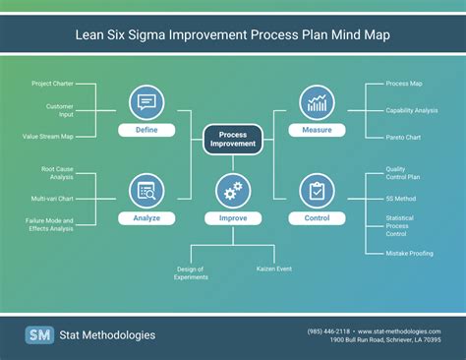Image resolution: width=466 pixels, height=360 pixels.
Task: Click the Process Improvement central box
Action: pyautogui.click(x=233, y=139)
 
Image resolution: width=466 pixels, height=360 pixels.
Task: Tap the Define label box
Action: pyautogui.click(x=146, y=130)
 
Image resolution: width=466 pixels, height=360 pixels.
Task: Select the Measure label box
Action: pyautogui.click(x=318, y=130)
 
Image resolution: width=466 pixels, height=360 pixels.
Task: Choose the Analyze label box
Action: pyautogui.click(x=146, y=217)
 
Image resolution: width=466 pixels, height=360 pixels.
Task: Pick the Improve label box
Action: pyautogui.click(x=233, y=217)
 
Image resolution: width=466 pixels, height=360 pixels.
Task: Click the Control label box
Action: pyautogui.click(x=318, y=217)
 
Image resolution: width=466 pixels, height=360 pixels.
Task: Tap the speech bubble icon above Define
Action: pyautogui.click(x=146, y=101)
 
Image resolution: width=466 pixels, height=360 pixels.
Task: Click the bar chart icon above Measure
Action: pyautogui.click(x=318, y=101)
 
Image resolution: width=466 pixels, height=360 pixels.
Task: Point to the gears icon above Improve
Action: pyautogui.click(x=233, y=190)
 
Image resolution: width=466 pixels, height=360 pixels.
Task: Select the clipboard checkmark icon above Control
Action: pyautogui.click(x=318, y=190)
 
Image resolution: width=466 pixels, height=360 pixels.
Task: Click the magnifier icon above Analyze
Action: pyautogui.click(x=146, y=190)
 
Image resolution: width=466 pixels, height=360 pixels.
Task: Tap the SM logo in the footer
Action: pyautogui.click(x=39, y=334)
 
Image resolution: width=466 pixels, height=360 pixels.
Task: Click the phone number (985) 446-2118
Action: pyautogui.click(x=327, y=330)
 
